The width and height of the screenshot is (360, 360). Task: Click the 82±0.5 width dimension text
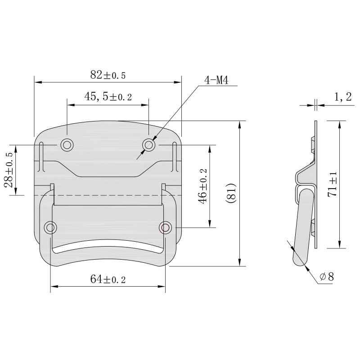point(108,75)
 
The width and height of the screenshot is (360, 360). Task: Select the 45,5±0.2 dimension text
point(108,97)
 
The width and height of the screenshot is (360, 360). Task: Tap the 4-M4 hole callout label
point(216,81)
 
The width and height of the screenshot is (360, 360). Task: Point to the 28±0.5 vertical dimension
point(9,170)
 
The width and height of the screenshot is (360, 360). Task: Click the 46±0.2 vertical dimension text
point(202,186)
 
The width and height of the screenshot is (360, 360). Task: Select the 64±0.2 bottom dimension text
point(108,279)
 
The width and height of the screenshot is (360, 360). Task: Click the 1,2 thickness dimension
point(343,97)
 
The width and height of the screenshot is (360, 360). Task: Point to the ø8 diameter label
point(327,276)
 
